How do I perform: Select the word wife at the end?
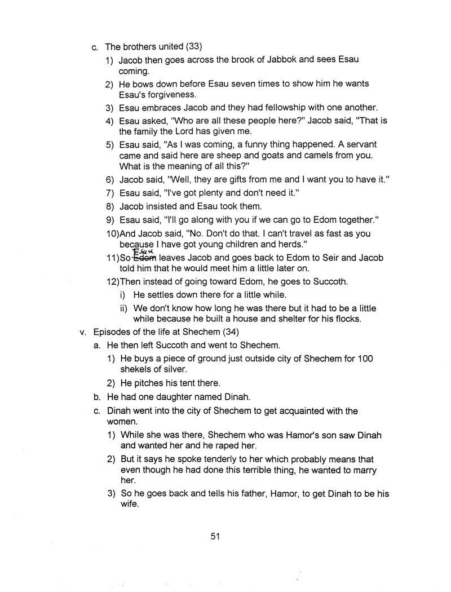tap(130, 505)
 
